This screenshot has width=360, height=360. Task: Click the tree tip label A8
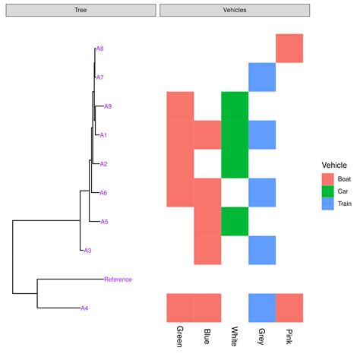tap(99, 49)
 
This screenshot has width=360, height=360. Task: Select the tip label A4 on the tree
tap(85, 308)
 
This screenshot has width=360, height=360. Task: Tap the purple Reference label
tap(118, 279)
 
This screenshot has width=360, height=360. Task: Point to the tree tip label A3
tap(87, 251)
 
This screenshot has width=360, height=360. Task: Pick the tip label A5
tap(105, 222)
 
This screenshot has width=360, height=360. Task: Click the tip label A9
tap(108, 106)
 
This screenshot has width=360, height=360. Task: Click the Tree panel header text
tap(80, 10)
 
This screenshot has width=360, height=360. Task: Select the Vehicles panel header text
tap(234, 10)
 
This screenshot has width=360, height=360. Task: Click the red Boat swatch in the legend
tap(328, 179)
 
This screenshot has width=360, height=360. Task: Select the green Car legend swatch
tap(328, 192)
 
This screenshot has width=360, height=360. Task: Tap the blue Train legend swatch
tap(328, 205)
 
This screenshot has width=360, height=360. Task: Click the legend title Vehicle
tap(335, 165)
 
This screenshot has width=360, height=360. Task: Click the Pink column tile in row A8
tap(289, 49)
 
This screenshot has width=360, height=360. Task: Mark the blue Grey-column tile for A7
tap(262, 77)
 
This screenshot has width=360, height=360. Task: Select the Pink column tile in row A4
tap(289, 308)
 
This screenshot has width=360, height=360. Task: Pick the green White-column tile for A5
tap(235, 222)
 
